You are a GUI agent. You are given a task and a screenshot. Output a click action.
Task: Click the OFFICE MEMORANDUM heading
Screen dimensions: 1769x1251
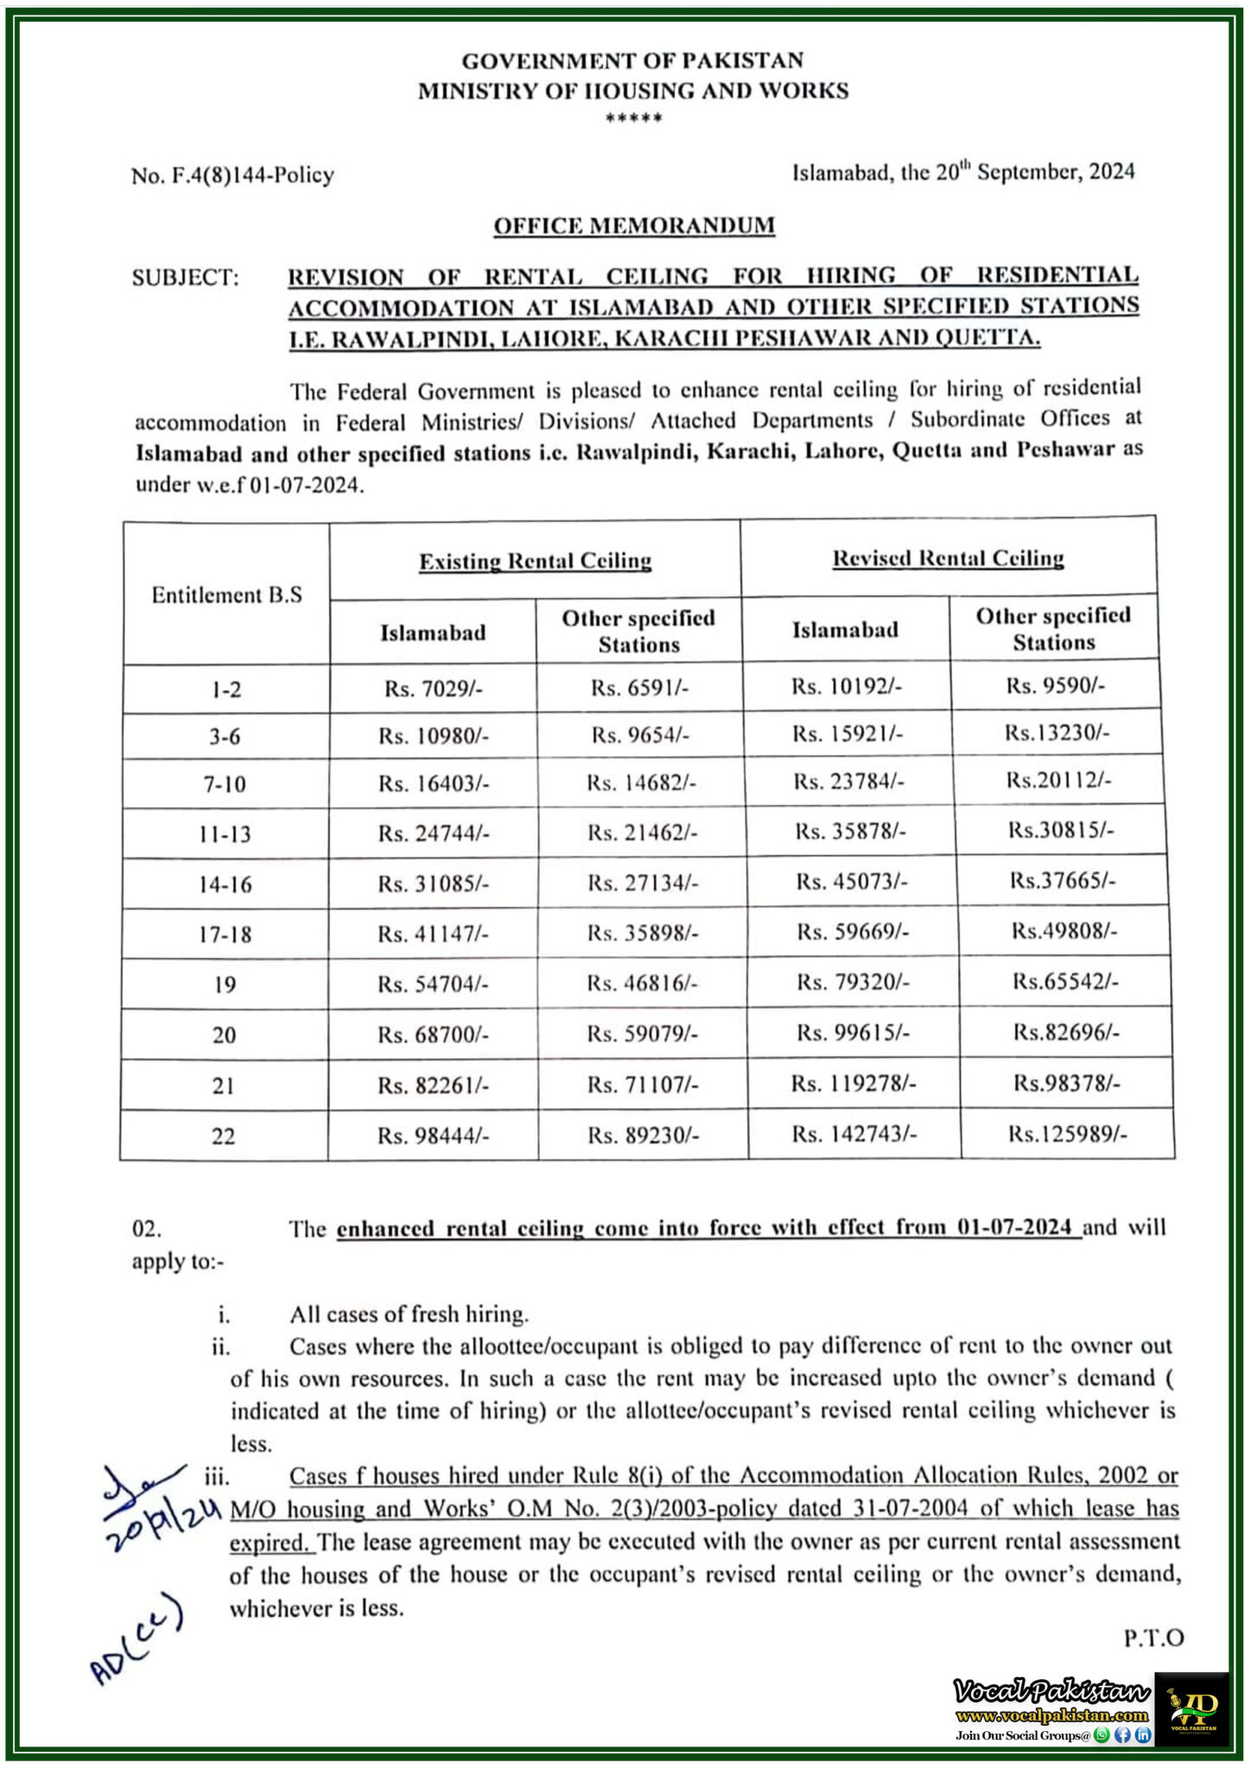[634, 225]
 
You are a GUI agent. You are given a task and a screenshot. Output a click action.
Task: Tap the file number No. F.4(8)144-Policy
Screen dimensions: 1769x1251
[232, 175]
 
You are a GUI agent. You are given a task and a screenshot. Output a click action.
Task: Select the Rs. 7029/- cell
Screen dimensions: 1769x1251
[433, 688]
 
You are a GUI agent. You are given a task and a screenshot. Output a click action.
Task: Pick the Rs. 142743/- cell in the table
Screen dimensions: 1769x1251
[854, 1133]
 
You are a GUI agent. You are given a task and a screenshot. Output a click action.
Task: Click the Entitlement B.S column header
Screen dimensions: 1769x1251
[226, 595]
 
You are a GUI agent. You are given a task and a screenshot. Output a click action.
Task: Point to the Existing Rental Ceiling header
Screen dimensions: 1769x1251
[535, 561]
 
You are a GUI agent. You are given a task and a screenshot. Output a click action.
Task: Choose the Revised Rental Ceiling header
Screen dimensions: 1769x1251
[948, 558]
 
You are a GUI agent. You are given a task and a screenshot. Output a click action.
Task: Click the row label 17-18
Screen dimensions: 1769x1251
[225, 935]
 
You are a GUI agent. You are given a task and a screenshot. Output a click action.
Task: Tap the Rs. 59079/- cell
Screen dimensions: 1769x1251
[643, 1034]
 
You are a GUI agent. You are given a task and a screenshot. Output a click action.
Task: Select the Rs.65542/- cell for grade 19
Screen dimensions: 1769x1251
[1065, 981]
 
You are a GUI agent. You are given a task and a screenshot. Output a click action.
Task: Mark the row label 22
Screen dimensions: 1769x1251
[224, 1136]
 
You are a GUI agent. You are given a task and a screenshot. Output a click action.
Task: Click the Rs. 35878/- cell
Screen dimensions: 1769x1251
[850, 831]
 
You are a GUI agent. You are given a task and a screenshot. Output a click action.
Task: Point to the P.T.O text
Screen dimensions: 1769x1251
[1153, 1637]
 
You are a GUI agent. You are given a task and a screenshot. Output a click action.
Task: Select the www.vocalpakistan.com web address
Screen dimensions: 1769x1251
[1052, 1715]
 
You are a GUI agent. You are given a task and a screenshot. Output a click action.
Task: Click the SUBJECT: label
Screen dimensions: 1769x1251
[185, 277]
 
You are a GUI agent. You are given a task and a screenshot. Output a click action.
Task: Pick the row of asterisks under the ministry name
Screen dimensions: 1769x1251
[633, 118]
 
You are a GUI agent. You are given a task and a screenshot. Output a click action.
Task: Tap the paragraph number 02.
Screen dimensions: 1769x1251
[147, 1228]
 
